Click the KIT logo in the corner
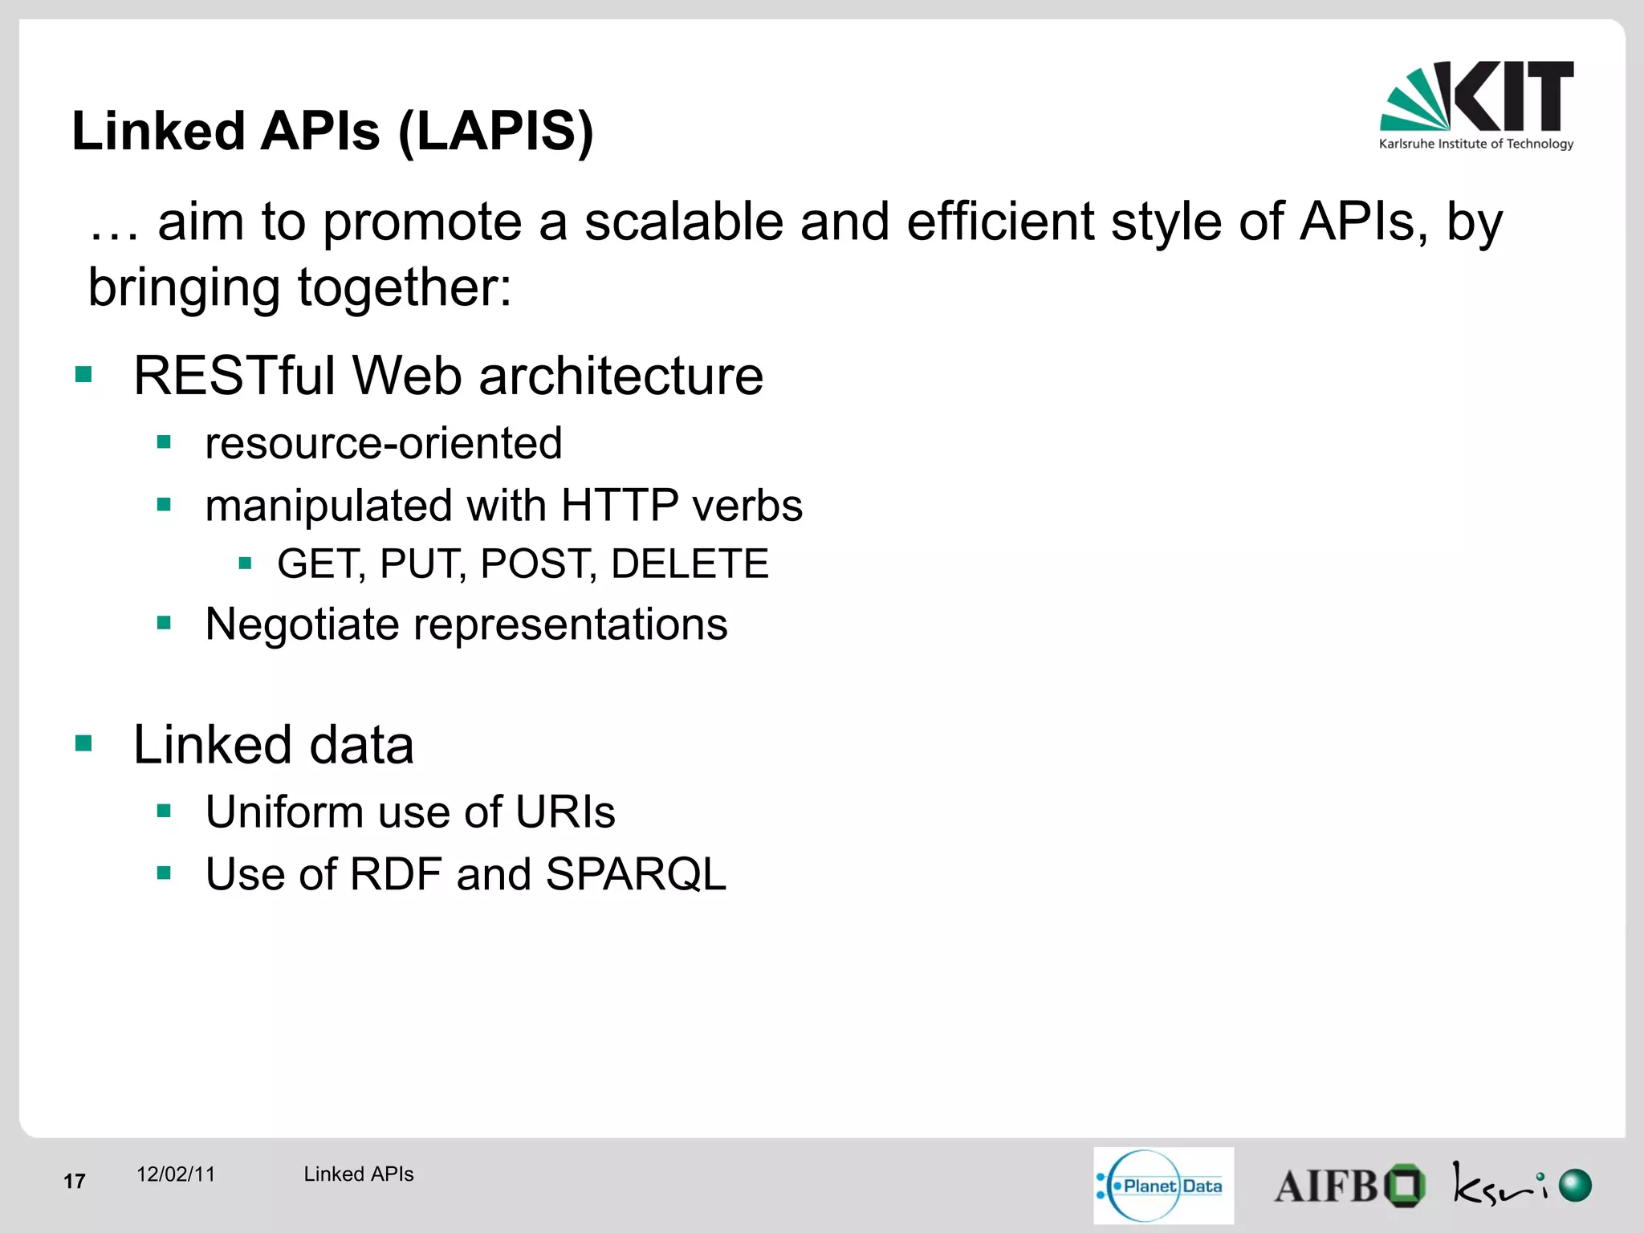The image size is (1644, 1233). coord(1477,98)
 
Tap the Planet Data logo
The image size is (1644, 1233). coord(1163,1186)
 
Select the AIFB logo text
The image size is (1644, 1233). coord(1326,1186)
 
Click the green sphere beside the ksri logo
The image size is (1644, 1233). coord(1575,1185)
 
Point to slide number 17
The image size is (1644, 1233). coord(75,1181)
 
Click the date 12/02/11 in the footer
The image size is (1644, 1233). coord(176,1174)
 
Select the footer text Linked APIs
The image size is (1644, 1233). coord(358,1174)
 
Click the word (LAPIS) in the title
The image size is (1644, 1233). coord(495,132)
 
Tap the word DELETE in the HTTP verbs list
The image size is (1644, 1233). coord(690,564)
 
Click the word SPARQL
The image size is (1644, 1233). coord(635,874)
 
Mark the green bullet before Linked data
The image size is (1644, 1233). coord(83,743)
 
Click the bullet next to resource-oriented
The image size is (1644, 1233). coord(165,442)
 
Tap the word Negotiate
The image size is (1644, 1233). coord(302,624)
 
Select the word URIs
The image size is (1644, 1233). coord(565,812)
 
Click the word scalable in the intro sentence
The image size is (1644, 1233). coord(683,222)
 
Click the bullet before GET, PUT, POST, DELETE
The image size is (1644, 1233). coord(246,564)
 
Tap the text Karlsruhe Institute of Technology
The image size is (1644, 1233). coord(1475,144)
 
